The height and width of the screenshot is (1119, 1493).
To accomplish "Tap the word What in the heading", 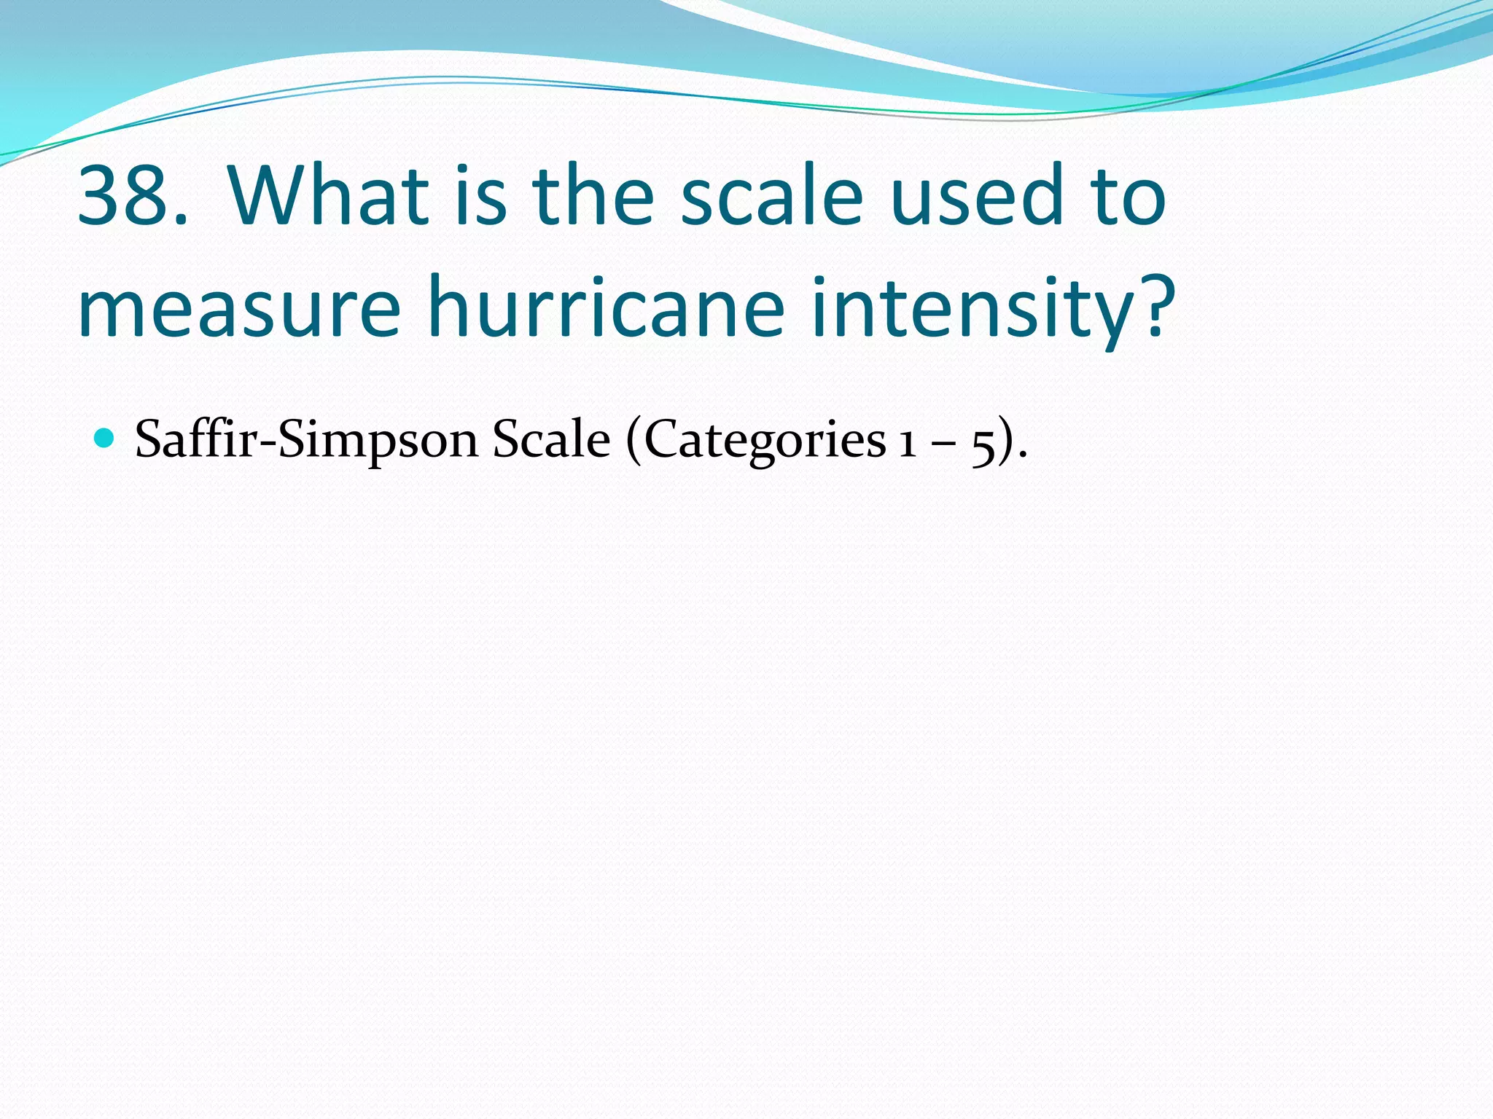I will click(328, 195).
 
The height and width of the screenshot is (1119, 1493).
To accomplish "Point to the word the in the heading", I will click(592, 195).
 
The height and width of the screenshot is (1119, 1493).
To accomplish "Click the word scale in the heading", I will click(771, 195).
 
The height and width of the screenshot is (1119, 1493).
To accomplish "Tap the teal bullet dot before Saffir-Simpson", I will click(106, 439).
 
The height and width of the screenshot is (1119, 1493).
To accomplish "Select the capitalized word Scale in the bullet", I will click(550, 440).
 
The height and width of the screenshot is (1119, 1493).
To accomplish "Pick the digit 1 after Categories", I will click(907, 441).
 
